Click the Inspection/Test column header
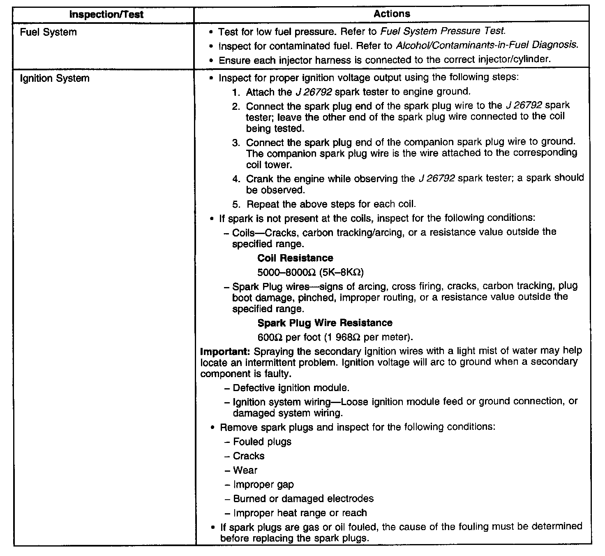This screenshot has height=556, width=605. pos(106,15)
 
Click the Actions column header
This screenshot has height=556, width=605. pos(392,14)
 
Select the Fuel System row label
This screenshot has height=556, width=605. pos(48,32)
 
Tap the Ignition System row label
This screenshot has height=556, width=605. pos(55,78)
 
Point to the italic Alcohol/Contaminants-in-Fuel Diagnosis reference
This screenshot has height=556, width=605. pos(487,45)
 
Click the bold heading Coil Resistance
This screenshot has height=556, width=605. pos(295,258)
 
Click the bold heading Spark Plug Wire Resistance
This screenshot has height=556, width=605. pos(325,323)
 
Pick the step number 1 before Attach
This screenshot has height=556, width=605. pos(236,92)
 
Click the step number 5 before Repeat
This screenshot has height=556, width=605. pos(236,204)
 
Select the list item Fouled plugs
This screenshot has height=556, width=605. pos(262,442)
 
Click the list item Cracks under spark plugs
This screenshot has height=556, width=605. pos(249,456)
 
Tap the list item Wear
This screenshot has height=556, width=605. pos(245,470)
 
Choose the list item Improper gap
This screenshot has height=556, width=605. pos(263,485)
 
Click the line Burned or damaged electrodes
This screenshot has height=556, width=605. pos(303,499)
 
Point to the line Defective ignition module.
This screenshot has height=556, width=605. pos(291,388)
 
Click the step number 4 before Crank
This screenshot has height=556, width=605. pos(236,179)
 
